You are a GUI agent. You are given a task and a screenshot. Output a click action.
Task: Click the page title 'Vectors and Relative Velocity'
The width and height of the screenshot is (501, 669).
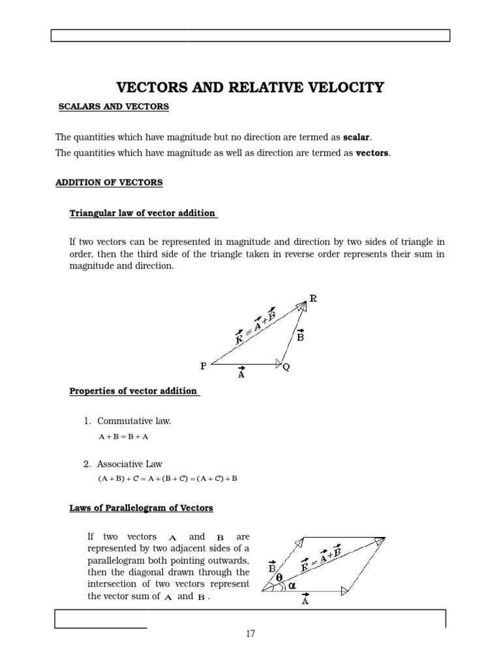pos(250,88)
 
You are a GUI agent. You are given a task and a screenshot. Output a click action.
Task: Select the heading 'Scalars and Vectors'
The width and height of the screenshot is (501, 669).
pos(114,106)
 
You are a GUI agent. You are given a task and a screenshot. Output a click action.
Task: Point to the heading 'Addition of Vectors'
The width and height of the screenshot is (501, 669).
pos(109,183)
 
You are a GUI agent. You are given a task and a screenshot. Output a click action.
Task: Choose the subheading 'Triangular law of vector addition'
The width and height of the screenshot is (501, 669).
pos(143,214)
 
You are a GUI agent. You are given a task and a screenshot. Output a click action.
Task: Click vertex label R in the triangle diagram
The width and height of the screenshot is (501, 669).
pos(313,299)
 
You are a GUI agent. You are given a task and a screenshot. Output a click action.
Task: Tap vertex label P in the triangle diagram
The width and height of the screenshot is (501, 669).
pos(204,367)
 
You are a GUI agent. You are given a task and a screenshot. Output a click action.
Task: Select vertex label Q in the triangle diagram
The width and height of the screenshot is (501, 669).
pos(286,368)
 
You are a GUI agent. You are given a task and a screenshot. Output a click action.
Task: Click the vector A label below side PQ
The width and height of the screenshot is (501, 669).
pos(241,374)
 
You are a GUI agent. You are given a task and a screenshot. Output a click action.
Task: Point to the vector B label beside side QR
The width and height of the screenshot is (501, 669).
pos(300,337)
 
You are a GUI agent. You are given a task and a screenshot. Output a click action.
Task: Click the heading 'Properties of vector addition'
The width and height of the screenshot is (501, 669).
pos(134,391)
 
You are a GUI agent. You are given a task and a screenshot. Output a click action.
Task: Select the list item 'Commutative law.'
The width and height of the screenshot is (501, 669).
pos(134,421)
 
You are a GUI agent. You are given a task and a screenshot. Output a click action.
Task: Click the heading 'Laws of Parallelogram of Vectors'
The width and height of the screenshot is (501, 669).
pos(141,508)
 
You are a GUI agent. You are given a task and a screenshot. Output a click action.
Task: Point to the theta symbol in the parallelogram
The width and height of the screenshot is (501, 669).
pos(279,578)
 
